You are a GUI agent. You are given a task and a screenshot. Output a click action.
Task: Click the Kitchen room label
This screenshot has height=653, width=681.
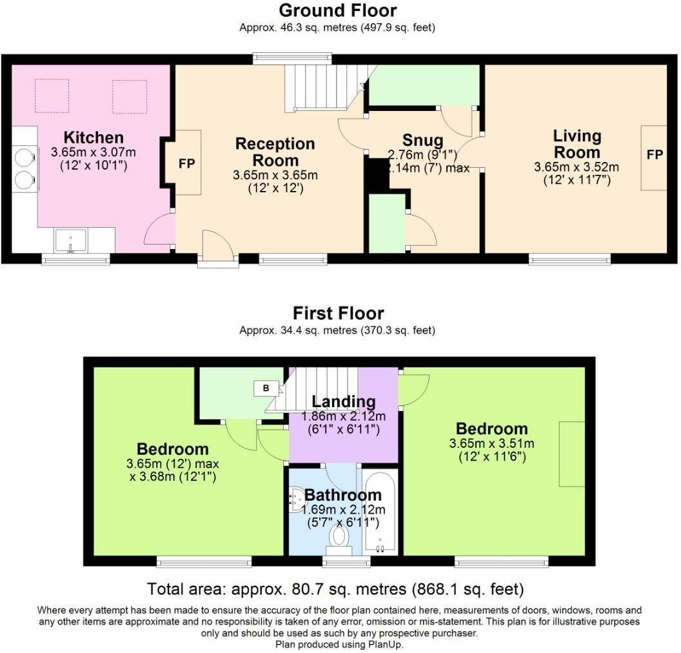pyautogui.click(x=94, y=137)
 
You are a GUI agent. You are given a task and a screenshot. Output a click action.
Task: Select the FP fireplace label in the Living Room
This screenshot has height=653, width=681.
pyautogui.click(x=655, y=155)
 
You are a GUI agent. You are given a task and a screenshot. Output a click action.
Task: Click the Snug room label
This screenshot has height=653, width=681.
pyautogui.click(x=422, y=140)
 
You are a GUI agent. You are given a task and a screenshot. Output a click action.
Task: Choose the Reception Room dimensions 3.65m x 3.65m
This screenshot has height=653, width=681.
pyautogui.click(x=275, y=176)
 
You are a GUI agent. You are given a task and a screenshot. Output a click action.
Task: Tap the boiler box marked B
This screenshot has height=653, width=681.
pyautogui.click(x=265, y=388)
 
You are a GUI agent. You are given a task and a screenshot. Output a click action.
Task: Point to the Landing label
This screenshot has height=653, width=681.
pyautogui.click(x=343, y=402)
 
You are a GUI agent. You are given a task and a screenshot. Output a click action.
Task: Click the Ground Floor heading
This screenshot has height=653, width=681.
pyautogui.click(x=338, y=10)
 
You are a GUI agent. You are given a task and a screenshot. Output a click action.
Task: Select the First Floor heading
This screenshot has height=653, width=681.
pyautogui.click(x=338, y=314)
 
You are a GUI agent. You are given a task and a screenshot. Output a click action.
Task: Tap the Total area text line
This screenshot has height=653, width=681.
pyautogui.click(x=335, y=589)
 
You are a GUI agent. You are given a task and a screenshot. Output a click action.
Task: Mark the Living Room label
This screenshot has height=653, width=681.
pyautogui.click(x=577, y=145)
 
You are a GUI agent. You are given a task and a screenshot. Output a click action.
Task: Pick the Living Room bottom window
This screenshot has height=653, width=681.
pyautogui.click(x=570, y=259)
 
